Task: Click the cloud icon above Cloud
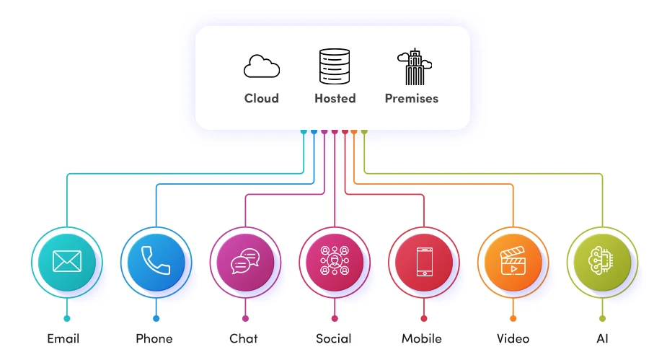(x=261, y=67)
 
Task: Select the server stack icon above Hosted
(x=335, y=66)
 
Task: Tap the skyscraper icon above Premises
(x=413, y=67)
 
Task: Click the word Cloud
(x=261, y=98)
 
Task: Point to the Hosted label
(x=335, y=98)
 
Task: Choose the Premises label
(x=411, y=98)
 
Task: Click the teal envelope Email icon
(x=67, y=260)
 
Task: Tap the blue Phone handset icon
(x=156, y=260)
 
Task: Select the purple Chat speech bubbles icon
(x=245, y=260)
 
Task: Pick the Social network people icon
(x=335, y=260)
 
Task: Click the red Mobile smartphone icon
(x=423, y=260)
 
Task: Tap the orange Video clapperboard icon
(x=513, y=260)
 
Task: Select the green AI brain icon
(x=602, y=260)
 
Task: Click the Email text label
(x=63, y=338)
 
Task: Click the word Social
(x=334, y=338)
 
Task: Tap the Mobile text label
(x=422, y=338)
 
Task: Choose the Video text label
(x=513, y=338)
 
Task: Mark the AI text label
(x=602, y=338)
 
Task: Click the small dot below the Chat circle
(x=245, y=318)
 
